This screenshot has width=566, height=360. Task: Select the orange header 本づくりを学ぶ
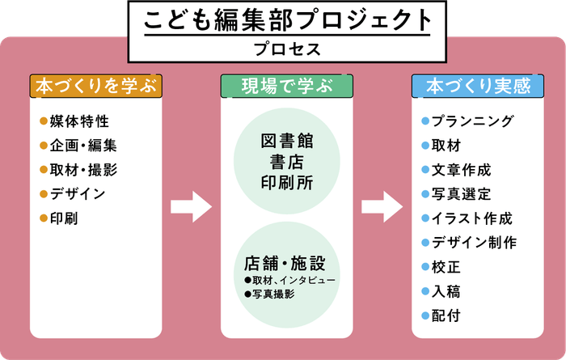click(96, 86)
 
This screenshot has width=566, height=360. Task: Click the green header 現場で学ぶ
click(286, 86)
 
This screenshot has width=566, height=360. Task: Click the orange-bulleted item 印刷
click(65, 218)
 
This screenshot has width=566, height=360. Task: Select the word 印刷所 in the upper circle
click(286, 183)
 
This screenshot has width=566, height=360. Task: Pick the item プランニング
click(472, 122)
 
